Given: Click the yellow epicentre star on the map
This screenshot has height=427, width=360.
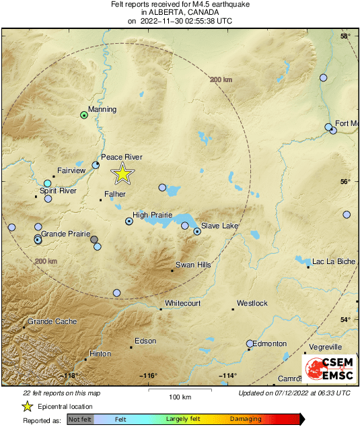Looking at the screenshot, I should [x=122, y=174].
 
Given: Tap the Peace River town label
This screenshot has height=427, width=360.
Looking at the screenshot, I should [x=122, y=157].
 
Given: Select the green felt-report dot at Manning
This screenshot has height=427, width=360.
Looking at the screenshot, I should [x=84, y=115].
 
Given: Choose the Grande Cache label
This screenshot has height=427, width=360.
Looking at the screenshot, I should [x=52, y=322].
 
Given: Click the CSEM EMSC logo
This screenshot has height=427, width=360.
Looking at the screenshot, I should [x=330, y=369].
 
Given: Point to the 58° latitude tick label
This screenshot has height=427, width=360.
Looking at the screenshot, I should [x=345, y=36].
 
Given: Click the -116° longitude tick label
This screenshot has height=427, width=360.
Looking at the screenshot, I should [x=148, y=376].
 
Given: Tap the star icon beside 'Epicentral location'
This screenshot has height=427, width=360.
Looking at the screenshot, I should [x=27, y=406].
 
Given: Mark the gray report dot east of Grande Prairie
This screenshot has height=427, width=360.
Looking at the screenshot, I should [x=94, y=239].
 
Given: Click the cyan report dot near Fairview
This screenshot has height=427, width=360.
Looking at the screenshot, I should [x=48, y=183].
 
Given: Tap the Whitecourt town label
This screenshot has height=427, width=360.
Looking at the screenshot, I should [x=183, y=304].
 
